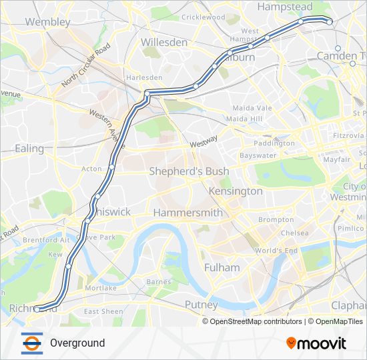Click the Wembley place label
point(47,22)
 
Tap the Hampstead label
point(284,7)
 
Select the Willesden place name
point(164,41)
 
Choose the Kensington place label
point(236,191)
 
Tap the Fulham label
point(222,267)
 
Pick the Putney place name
point(201,305)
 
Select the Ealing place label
point(29,149)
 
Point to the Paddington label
point(274,143)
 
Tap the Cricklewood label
point(203,17)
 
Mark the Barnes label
point(159,282)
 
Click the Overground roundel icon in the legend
point(32,343)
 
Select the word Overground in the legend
point(77,343)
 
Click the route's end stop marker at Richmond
point(37,309)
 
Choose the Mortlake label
point(101,288)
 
